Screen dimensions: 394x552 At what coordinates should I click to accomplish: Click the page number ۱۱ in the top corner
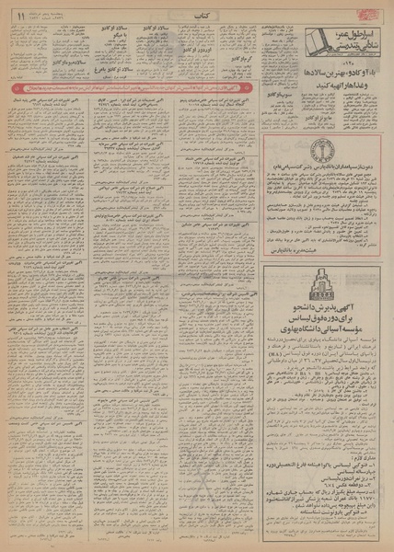coord(17,13)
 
